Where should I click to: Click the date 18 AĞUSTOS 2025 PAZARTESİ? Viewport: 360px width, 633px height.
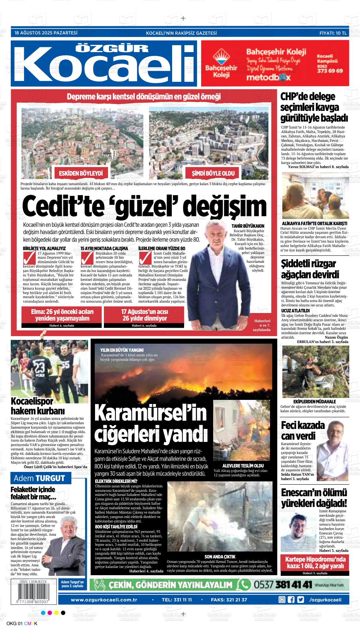pyautogui.click(x=46, y=33)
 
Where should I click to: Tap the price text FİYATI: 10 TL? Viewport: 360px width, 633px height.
pyautogui.click(x=333, y=33)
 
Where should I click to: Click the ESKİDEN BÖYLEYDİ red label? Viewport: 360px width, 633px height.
pyautogui.click(x=81, y=173)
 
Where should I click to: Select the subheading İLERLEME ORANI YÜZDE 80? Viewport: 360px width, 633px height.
pyautogui.click(x=162, y=249)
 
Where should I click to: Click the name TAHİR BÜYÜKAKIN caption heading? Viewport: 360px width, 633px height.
pyautogui.click(x=248, y=226)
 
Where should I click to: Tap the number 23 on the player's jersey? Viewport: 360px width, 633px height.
pyautogui.click(x=40, y=368)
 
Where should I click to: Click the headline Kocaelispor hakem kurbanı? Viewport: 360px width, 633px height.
pyautogui.click(x=38, y=406)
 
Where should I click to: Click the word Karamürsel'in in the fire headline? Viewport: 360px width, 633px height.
pyautogui.click(x=150, y=413)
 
